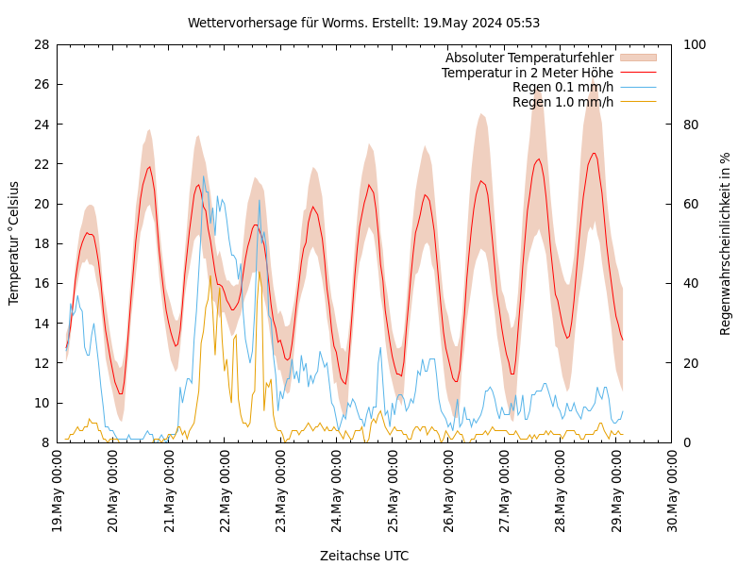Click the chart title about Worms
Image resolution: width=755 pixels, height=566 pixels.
tap(363, 23)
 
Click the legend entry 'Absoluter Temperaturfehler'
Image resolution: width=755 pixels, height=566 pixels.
tap(528, 58)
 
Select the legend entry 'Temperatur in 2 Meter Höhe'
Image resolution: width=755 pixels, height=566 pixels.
tap(527, 73)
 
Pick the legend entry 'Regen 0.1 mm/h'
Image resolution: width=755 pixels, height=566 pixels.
tap(562, 88)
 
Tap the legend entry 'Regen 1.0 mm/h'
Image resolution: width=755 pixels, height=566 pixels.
tap(562, 102)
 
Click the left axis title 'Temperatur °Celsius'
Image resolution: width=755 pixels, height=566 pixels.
tap(14, 242)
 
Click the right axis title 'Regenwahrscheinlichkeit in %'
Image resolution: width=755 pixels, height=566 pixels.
tap(726, 243)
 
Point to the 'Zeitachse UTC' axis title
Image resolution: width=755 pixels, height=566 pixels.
tap(363, 556)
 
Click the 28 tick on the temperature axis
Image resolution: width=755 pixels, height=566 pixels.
tap(41, 44)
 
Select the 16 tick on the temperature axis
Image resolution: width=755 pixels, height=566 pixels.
tap(41, 283)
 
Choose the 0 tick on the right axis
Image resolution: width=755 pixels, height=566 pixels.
tap(686, 442)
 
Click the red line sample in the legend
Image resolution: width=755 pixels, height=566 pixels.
tap(637, 73)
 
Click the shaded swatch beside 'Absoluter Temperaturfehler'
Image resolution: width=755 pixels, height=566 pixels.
tap(637, 58)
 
